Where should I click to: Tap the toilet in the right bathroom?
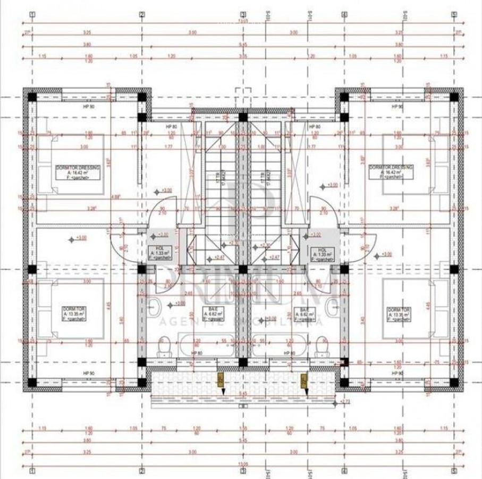[x=320, y=347]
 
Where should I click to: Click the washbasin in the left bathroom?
[x=154, y=308]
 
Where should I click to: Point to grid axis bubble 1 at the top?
[x=33, y=14]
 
